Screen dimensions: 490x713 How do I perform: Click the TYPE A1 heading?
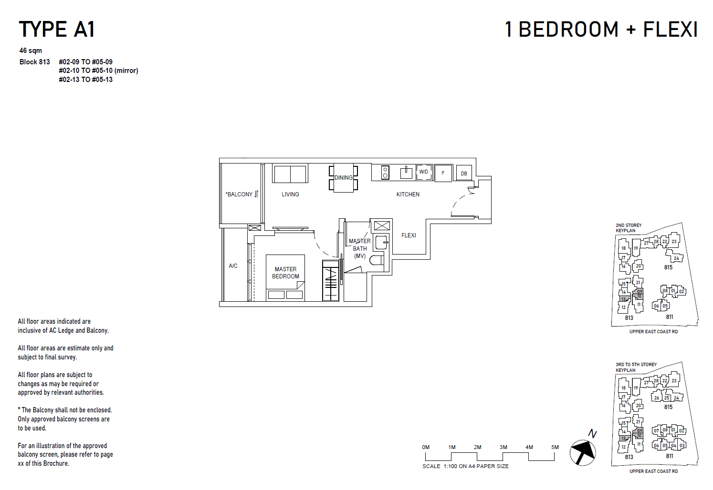coord(57,30)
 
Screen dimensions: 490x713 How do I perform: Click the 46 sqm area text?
coord(31,51)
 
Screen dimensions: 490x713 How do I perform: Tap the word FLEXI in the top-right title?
coord(670,30)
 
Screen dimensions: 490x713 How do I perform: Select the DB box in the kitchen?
coord(464,174)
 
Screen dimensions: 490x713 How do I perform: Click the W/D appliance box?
coord(424,172)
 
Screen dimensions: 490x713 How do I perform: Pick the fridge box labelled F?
coord(443,173)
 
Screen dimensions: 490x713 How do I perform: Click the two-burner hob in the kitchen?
coord(385,173)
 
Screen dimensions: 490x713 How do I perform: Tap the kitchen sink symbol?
coord(406,172)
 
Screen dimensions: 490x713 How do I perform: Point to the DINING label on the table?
coord(344,178)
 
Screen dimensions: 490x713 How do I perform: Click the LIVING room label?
coord(290,194)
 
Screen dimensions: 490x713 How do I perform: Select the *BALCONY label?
coord(239,194)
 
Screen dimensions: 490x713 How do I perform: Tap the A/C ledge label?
coord(233,266)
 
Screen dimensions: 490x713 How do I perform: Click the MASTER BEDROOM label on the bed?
coord(285,273)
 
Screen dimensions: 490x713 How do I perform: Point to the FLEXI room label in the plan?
coord(409,235)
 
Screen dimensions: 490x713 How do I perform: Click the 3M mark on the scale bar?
coord(503,447)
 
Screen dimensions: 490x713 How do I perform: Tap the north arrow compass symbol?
coord(583,452)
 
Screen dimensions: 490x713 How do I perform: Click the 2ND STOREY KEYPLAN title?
coord(628,228)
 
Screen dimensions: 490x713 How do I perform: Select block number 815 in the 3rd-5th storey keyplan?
coord(668,407)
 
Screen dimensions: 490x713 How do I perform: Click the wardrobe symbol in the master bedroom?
coord(330,281)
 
